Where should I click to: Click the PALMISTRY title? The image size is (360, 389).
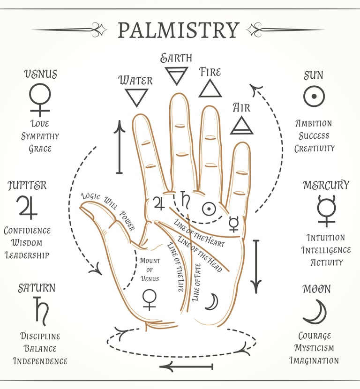(x=178, y=30)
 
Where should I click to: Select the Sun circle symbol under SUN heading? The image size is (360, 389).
(x=314, y=97)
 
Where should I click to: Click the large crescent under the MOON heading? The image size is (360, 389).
(x=315, y=312)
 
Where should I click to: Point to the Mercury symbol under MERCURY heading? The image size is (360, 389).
(x=326, y=210)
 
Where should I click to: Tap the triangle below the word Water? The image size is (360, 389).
(x=136, y=97)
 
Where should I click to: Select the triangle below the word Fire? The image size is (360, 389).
(x=210, y=88)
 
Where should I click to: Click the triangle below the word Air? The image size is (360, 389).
(x=242, y=125)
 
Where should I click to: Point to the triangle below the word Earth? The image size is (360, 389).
(x=177, y=75)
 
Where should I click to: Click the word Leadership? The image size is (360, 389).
(x=27, y=255)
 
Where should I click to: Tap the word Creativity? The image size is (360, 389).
(x=315, y=149)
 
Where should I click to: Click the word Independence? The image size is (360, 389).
(x=40, y=361)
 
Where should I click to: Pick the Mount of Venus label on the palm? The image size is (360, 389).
(x=150, y=269)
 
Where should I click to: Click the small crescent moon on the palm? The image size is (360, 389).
(x=212, y=302)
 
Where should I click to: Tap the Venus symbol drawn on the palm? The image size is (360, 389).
(x=149, y=299)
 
